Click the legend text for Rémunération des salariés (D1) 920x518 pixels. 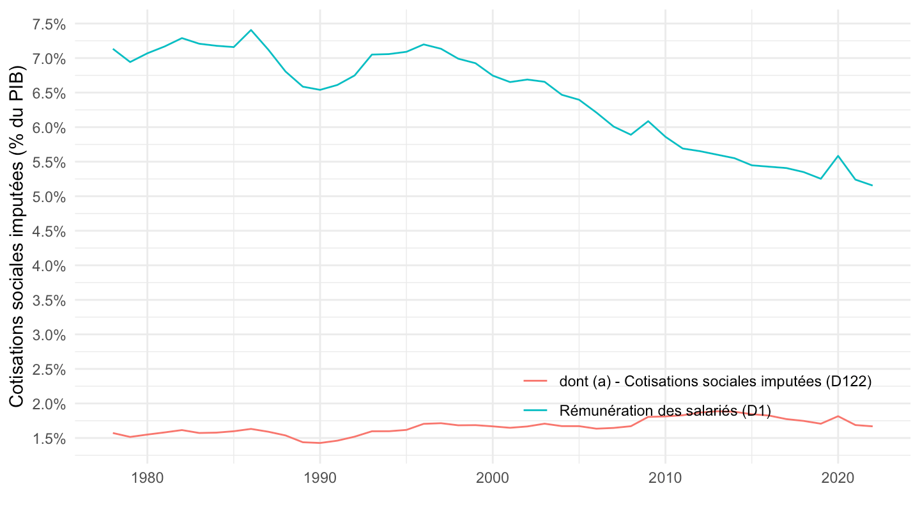point(665,410)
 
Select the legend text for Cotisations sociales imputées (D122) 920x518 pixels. point(716,382)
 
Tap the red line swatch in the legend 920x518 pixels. point(535,382)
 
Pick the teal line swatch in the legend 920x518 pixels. point(535,410)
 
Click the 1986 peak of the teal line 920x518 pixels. point(250,30)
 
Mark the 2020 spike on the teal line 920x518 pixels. point(838,156)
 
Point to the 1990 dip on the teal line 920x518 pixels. point(319,90)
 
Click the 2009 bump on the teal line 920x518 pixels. point(648,121)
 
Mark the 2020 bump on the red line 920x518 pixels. point(838,416)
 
